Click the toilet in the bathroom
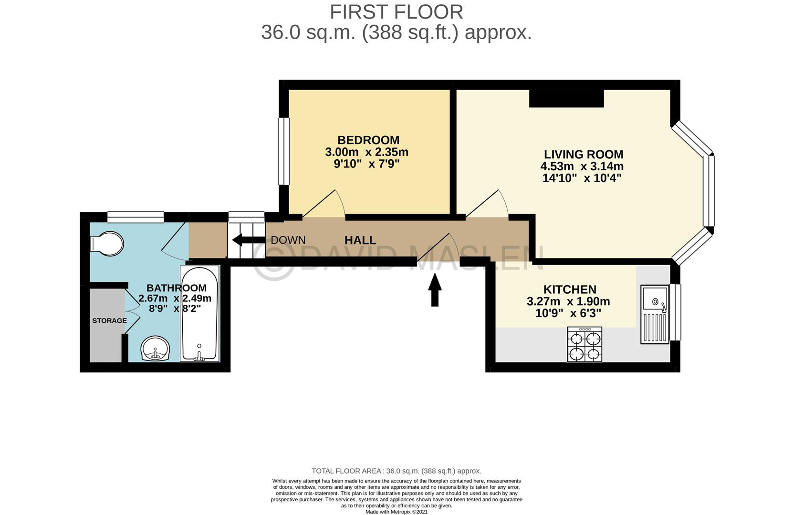[x=107, y=244]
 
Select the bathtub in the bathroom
[x=199, y=314]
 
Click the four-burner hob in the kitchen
[x=584, y=344]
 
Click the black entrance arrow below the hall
[x=435, y=291]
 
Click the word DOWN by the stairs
[x=288, y=240]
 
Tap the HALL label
[x=360, y=240]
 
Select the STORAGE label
[x=109, y=320]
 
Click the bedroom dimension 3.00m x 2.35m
[x=366, y=152]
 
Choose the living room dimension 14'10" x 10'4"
[x=582, y=178]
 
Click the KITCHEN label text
[x=570, y=289]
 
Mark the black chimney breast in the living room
[x=566, y=99]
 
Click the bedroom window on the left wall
[x=284, y=151]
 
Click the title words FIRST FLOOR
[x=396, y=12]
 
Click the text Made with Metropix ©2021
[x=396, y=512]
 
